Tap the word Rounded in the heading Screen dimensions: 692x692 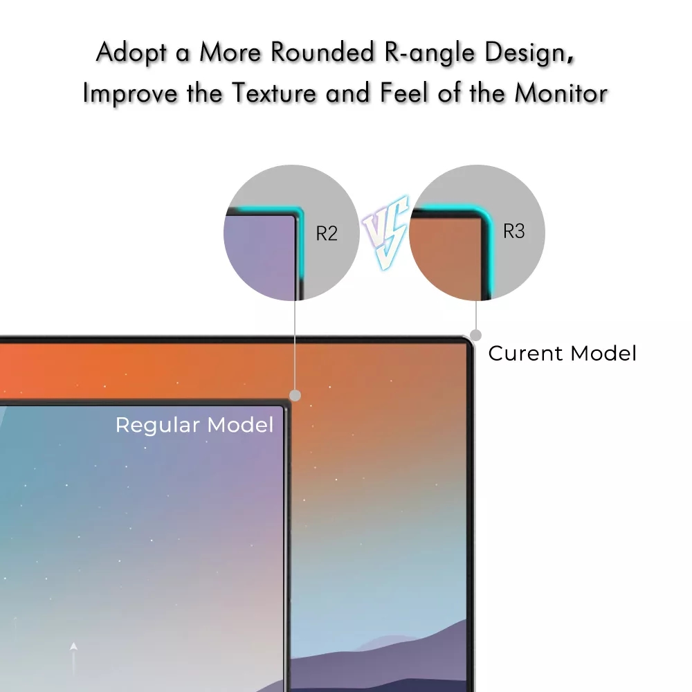(322, 52)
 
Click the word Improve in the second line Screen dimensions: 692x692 (130, 94)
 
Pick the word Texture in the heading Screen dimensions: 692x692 (274, 93)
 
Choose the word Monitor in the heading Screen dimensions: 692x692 (561, 93)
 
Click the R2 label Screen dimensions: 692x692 (327, 233)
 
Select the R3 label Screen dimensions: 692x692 (514, 231)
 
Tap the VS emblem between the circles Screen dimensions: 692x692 (385, 232)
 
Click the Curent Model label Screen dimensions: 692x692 (562, 354)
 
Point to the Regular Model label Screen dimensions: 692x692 (194, 425)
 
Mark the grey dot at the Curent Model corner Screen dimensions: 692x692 (476, 336)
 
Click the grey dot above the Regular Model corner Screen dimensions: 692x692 (295, 395)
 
